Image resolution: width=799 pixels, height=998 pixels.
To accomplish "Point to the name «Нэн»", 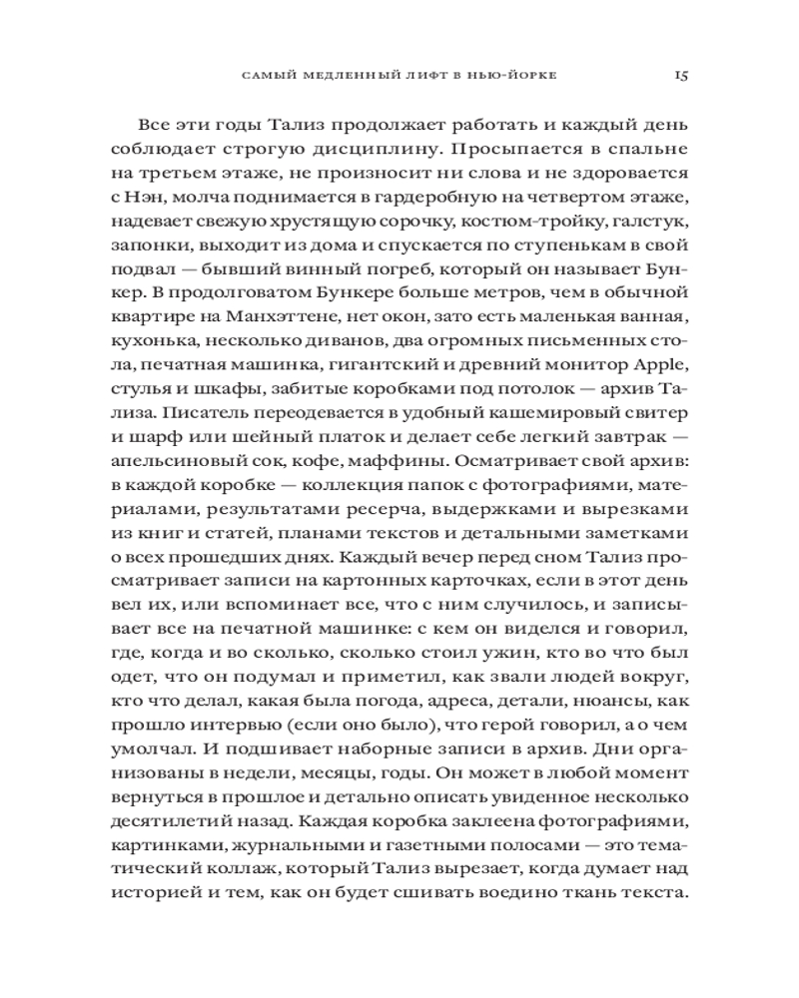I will pyautogui.click(x=165, y=205).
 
